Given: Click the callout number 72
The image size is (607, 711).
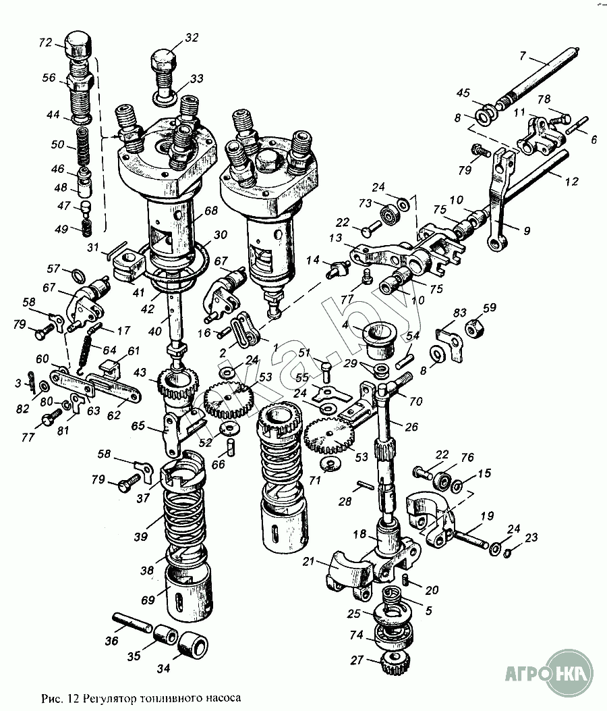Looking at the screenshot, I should tap(46, 43).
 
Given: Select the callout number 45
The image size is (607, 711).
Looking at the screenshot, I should tap(463, 93).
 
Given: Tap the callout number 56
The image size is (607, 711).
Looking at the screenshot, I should tap(49, 78).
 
